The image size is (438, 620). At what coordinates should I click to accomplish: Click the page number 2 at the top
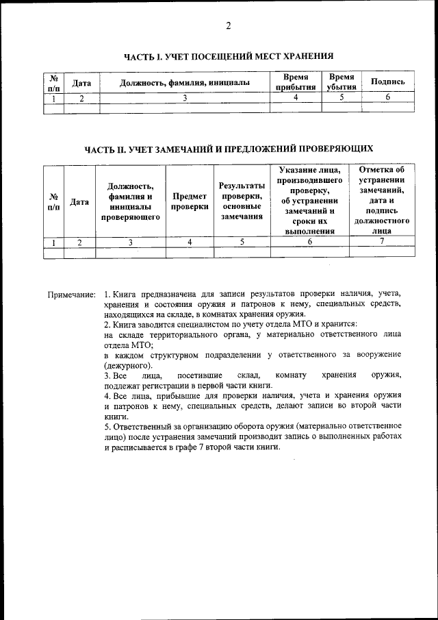(229, 26)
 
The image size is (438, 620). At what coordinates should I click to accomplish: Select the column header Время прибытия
(295, 82)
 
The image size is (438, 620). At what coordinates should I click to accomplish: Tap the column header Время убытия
(341, 82)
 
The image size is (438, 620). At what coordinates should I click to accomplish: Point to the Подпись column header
(387, 82)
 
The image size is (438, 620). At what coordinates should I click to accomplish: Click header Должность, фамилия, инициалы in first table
(184, 82)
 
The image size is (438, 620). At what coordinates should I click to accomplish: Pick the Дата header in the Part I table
(82, 82)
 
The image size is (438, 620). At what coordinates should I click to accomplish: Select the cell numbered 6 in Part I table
(387, 97)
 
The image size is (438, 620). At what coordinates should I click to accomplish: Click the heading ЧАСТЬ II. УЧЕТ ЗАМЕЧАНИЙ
(229, 149)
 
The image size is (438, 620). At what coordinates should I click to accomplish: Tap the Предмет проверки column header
(190, 201)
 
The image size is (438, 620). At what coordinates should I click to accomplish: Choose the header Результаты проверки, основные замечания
(242, 201)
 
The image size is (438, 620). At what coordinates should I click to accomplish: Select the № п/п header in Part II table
(53, 201)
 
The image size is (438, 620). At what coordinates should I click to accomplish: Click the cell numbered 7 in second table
(382, 241)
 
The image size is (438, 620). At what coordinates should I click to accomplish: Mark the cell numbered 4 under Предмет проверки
(190, 242)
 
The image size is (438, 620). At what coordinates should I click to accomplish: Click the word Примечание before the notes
(71, 295)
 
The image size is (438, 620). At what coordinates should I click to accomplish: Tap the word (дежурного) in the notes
(129, 366)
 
